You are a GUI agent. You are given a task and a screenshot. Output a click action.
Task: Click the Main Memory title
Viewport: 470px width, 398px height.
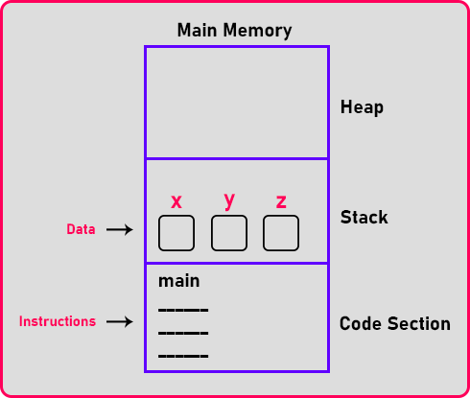click(234, 31)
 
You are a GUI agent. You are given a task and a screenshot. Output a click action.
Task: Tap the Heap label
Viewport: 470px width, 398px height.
click(362, 107)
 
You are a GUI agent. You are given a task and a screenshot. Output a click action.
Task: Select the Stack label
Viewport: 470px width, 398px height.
click(364, 217)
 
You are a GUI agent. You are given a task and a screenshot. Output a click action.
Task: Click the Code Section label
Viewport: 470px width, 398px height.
click(395, 323)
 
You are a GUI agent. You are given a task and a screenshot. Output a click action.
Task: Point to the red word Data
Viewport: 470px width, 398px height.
click(81, 229)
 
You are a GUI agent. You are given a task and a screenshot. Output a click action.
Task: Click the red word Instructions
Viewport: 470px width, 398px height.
click(58, 321)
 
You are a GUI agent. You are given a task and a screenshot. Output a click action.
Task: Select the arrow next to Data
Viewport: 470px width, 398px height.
click(120, 229)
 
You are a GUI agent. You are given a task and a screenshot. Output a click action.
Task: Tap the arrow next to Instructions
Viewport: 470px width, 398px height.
click(120, 321)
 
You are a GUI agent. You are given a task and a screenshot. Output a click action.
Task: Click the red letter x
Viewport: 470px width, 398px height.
click(176, 201)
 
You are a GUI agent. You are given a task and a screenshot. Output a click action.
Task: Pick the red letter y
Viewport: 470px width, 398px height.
click(229, 201)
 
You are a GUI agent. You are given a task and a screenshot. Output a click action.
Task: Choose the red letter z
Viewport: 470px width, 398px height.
click(281, 201)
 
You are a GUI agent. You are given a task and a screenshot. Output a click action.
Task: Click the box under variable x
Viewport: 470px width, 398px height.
click(176, 233)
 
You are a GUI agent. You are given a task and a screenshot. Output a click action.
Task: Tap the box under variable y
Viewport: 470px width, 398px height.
click(229, 233)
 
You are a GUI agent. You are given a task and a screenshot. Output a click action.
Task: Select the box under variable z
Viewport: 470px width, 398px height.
click(281, 233)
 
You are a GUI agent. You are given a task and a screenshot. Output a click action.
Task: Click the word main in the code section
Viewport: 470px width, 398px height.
click(179, 281)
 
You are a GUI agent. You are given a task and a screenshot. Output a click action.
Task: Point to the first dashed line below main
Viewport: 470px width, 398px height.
click(183, 310)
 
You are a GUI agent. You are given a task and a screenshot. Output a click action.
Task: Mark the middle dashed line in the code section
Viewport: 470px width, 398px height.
click(183, 333)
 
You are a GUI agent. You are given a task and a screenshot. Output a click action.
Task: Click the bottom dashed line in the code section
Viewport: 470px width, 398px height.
click(183, 356)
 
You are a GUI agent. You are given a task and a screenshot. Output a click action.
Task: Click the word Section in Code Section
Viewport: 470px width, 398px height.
click(419, 323)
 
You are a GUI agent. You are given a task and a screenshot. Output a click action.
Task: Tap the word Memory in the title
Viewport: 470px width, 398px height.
click(257, 31)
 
